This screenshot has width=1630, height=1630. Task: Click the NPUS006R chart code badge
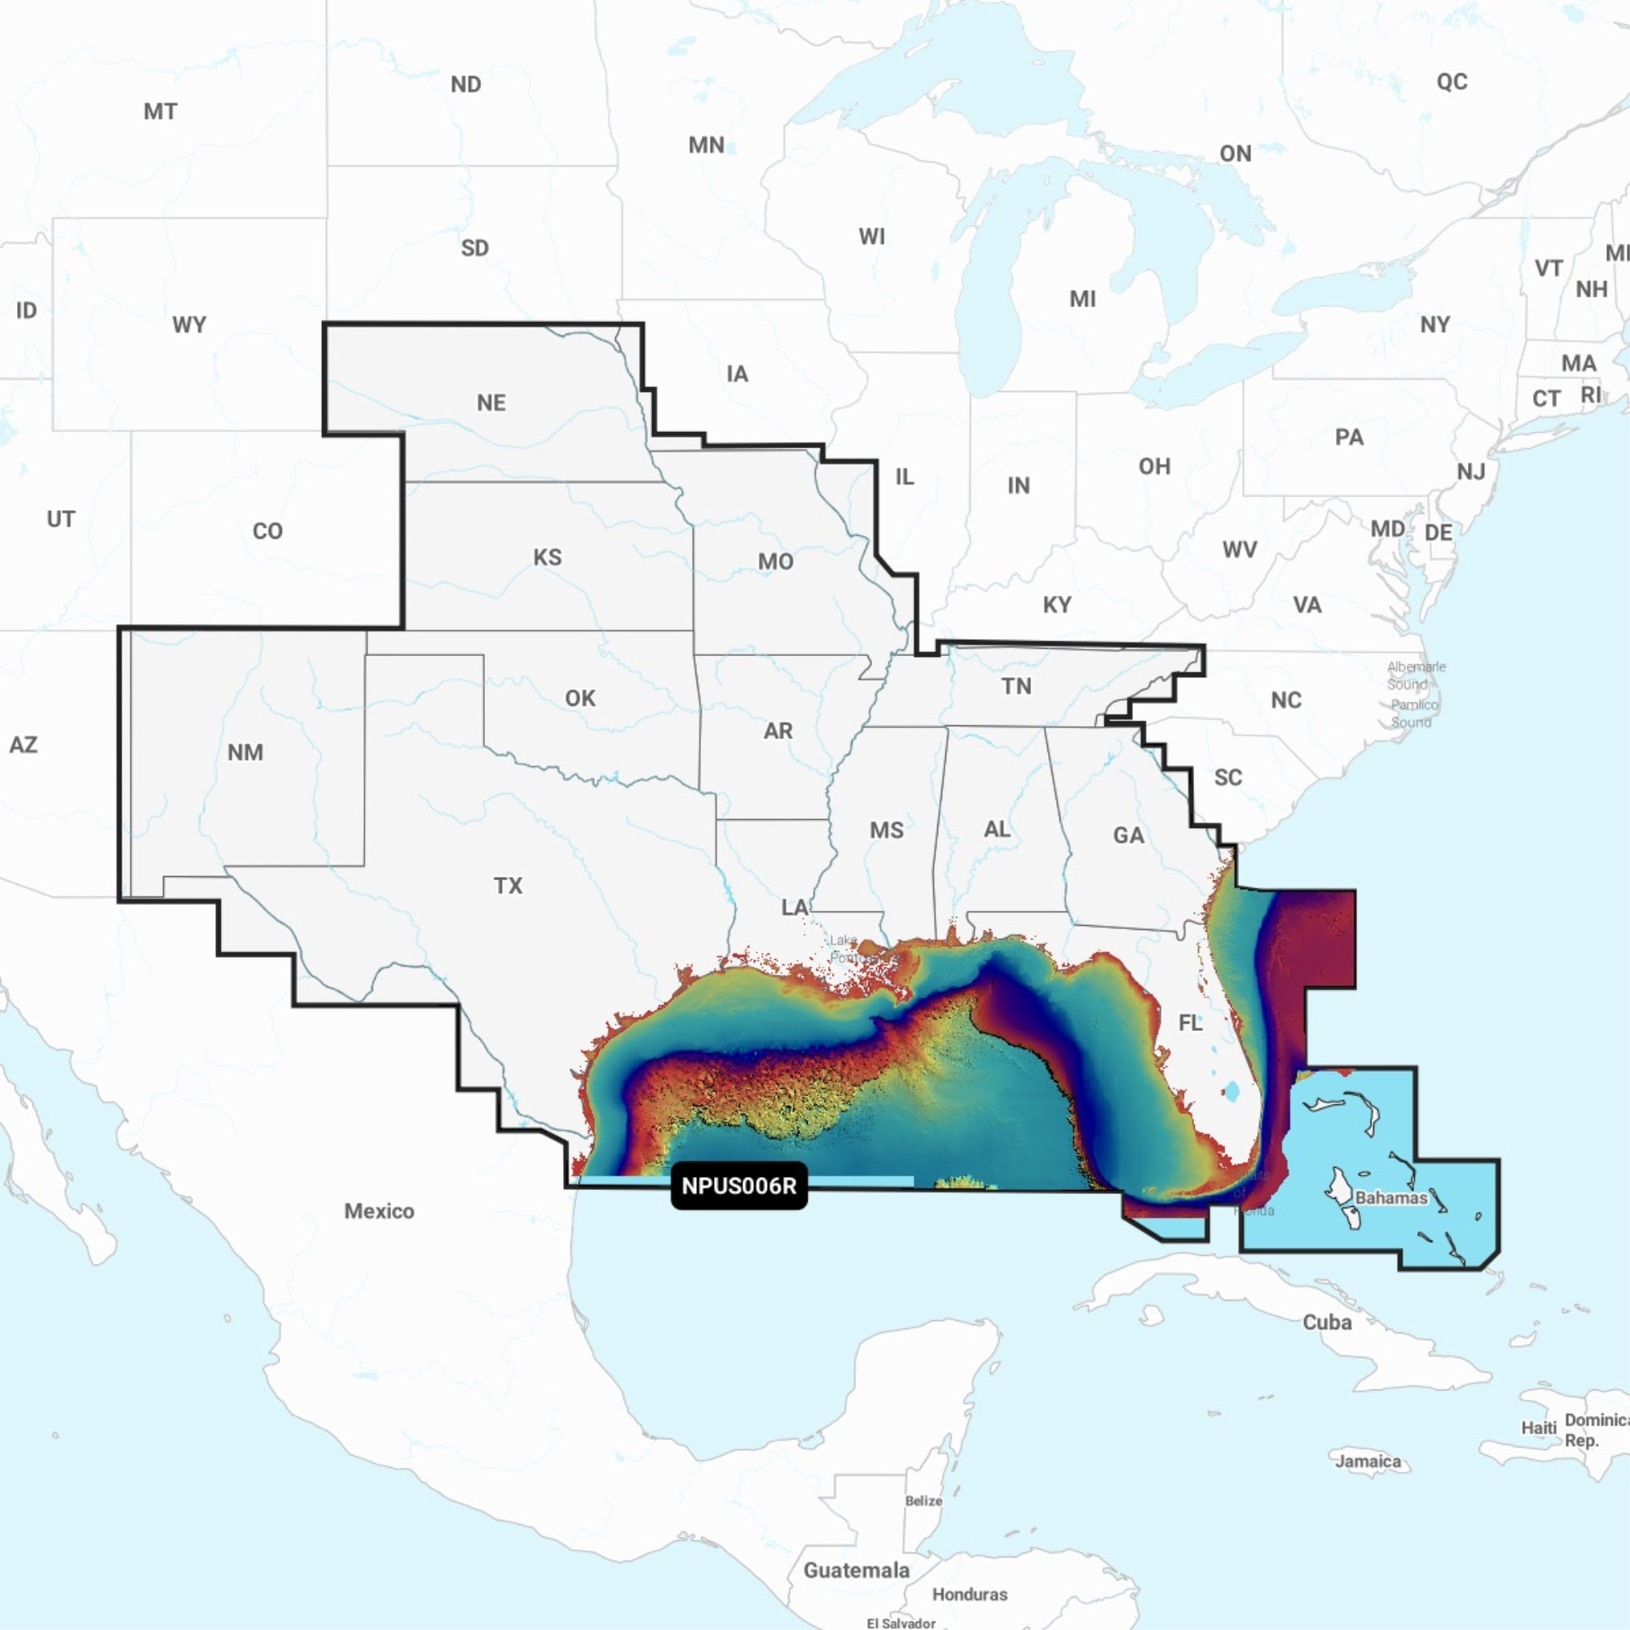tap(738, 1185)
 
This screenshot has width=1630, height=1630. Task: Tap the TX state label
tap(508, 885)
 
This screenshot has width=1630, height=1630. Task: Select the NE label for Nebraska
tap(491, 403)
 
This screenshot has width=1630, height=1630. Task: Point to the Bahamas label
tap(1391, 1197)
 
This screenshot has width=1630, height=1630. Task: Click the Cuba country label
tap(1327, 1322)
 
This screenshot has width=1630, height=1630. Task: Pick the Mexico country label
tap(379, 1211)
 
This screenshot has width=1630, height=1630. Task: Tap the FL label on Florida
tap(1191, 1023)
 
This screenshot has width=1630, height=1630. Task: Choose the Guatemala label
tap(857, 1571)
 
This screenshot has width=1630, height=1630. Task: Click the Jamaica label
tap(1368, 1460)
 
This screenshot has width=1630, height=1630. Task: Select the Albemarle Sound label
tap(1416, 675)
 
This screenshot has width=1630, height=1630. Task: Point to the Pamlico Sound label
tap(1414, 713)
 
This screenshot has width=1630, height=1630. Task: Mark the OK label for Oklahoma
tap(580, 698)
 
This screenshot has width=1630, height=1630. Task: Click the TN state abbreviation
tap(1016, 686)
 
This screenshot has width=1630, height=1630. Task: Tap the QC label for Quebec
tap(1452, 81)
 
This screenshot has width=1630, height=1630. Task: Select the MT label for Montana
tap(161, 112)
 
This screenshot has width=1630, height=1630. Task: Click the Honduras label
tap(969, 1593)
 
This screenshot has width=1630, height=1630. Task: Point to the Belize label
tap(923, 1501)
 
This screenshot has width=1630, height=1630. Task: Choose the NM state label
tap(245, 751)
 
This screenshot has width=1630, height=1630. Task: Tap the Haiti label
tap(1539, 1428)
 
